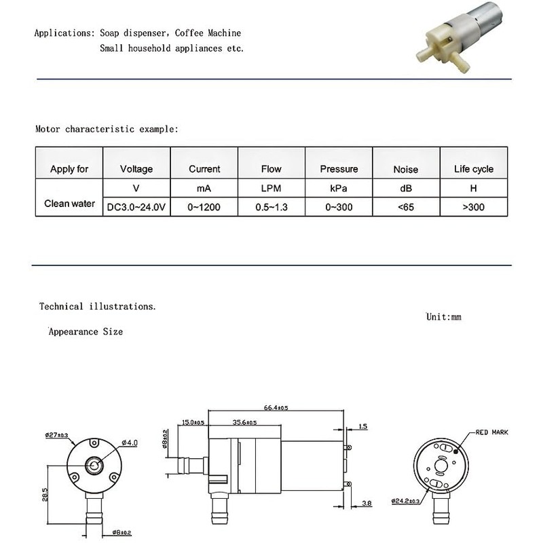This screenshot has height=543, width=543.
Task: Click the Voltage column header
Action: [136, 169]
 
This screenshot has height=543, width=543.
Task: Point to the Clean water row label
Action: [69, 203]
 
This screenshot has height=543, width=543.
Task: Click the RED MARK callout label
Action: [491, 432]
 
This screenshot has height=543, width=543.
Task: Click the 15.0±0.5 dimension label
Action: [193, 423]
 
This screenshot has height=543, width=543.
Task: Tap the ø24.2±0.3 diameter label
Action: [409, 501]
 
